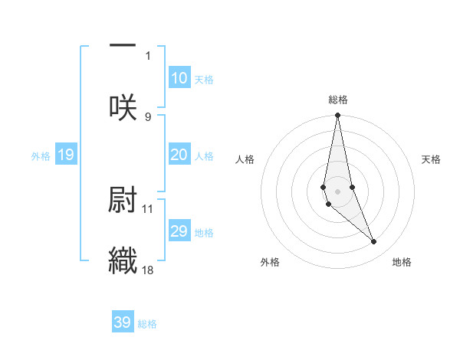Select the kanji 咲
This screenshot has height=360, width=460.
123,107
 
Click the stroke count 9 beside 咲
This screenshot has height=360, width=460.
148,116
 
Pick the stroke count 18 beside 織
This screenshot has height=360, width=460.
148,270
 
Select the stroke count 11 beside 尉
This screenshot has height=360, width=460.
148,208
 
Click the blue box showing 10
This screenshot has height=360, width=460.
179,78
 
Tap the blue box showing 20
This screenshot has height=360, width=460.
179,155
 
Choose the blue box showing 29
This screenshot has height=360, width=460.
179,231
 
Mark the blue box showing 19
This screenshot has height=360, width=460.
66,155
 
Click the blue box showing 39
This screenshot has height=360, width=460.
123,322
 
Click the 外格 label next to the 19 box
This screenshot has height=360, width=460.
41,156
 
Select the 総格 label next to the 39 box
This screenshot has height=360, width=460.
147,324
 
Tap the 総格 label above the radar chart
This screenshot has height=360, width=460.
338,100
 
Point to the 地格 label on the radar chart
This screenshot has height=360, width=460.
402,262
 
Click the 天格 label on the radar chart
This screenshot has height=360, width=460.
432,159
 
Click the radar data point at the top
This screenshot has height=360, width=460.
337,116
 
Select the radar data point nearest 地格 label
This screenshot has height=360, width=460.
374,242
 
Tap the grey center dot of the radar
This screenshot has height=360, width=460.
337,191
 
